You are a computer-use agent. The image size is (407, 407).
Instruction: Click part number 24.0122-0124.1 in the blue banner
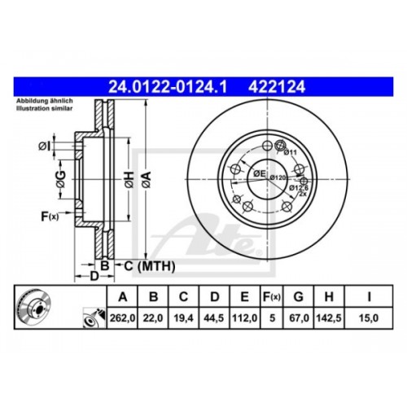click(x=168, y=87)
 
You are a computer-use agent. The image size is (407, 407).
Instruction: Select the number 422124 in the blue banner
click(x=277, y=87)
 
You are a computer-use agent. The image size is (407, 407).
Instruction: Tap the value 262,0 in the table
click(x=122, y=318)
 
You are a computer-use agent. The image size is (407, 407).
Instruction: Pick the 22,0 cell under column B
click(x=153, y=318)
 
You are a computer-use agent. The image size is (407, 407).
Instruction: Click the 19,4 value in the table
click(x=184, y=318)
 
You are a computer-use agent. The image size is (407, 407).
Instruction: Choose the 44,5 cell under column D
click(x=214, y=318)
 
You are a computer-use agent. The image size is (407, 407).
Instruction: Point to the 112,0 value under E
click(x=245, y=318)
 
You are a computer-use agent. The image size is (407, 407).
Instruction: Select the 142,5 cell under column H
click(x=329, y=318)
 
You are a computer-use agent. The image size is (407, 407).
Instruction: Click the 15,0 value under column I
click(x=369, y=318)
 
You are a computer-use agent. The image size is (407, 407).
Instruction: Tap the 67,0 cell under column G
click(x=299, y=318)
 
